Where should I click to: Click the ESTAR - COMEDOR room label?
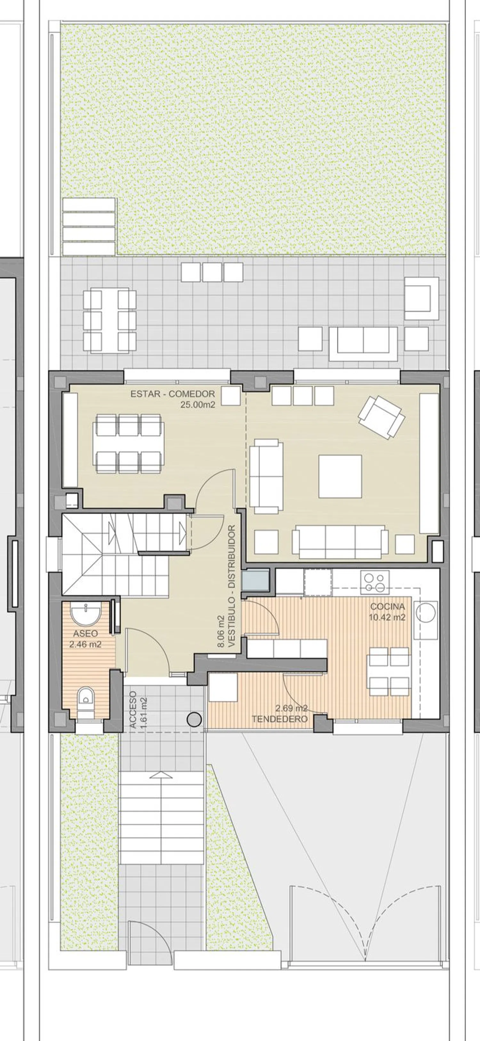[172, 394]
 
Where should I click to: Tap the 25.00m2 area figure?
[197, 404]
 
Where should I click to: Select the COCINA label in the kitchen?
[388, 606]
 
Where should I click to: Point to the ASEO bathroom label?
[85, 634]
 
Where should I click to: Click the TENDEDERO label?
[280, 719]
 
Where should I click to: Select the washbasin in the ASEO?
[85, 614]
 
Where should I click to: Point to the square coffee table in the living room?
[340, 476]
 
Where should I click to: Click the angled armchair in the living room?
[381, 418]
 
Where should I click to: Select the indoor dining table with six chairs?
[128, 443]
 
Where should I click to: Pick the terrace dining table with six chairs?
[109, 321]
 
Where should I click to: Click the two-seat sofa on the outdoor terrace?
[363, 344]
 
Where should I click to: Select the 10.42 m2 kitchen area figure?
[387, 617]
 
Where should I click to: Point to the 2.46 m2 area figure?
[85, 645]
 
